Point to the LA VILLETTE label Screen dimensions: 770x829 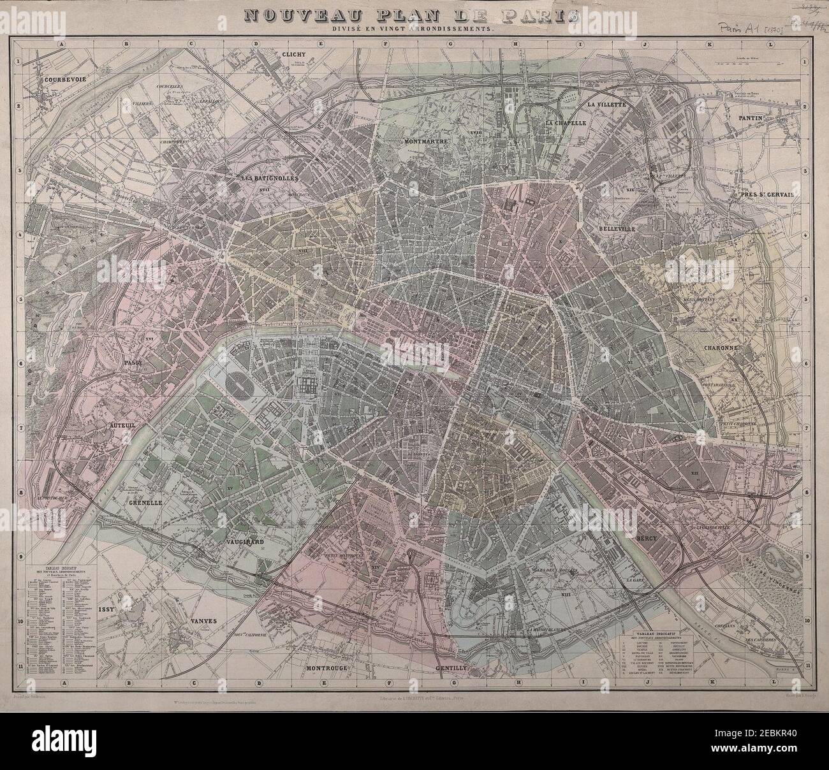click(607, 103)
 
